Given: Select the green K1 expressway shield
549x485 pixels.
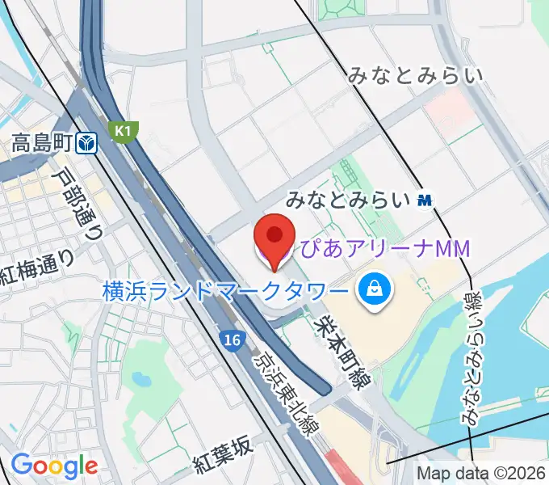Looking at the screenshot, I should pos(125,130).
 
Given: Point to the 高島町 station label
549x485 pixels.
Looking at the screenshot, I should pos(43,144).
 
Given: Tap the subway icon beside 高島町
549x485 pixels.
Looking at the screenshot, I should pos(88,144).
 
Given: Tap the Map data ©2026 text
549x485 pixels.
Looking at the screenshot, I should pos(481,473).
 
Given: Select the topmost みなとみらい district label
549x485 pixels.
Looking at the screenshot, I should pos(416,77).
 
